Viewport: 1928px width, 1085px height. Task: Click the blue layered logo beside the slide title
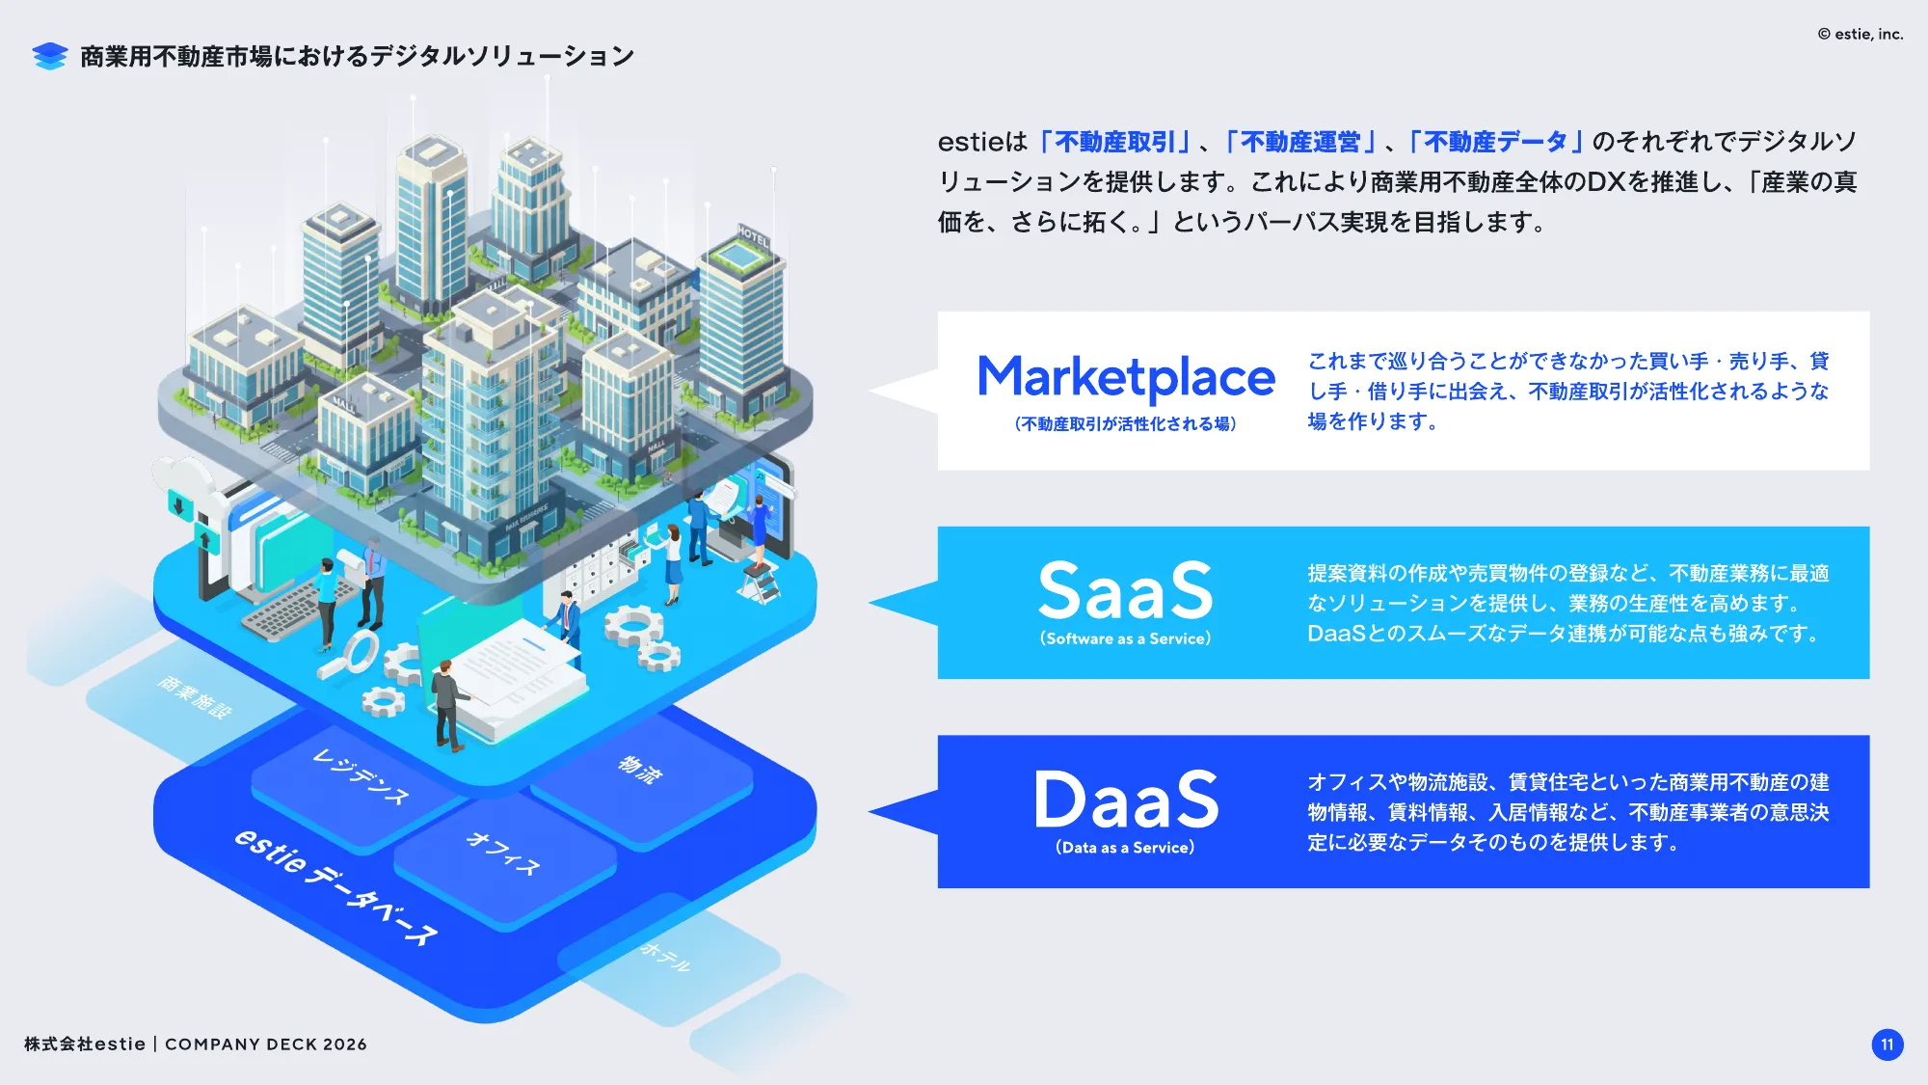[49, 56]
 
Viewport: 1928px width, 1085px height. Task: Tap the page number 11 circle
[1887, 1044]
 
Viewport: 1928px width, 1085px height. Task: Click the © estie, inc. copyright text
[1860, 34]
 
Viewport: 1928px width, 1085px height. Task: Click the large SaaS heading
[1125, 590]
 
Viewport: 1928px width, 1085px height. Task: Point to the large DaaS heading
[1125, 800]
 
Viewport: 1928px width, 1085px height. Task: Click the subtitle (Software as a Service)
[1125, 638]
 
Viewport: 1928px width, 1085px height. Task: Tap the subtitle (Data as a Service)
[1125, 848]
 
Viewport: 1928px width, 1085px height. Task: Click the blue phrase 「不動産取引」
[1115, 143]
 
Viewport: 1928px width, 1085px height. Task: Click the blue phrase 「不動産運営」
[1299, 143]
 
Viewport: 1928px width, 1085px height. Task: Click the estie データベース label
[335, 885]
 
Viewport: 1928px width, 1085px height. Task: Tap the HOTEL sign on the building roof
[753, 234]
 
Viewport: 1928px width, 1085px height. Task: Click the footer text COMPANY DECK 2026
[266, 1044]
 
